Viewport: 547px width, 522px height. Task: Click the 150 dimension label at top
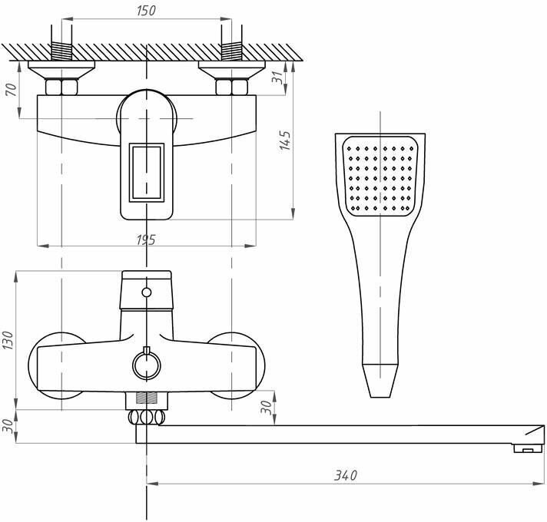(x=145, y=11)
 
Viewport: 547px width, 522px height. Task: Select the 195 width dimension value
(x=145, y=240)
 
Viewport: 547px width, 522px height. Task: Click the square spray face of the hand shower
(x=382, y=177)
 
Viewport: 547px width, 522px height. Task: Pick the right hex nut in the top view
(x=229, y=85)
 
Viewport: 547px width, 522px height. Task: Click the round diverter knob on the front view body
(x=144, y=365)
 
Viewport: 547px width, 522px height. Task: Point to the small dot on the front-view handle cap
(x=146, y=292)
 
